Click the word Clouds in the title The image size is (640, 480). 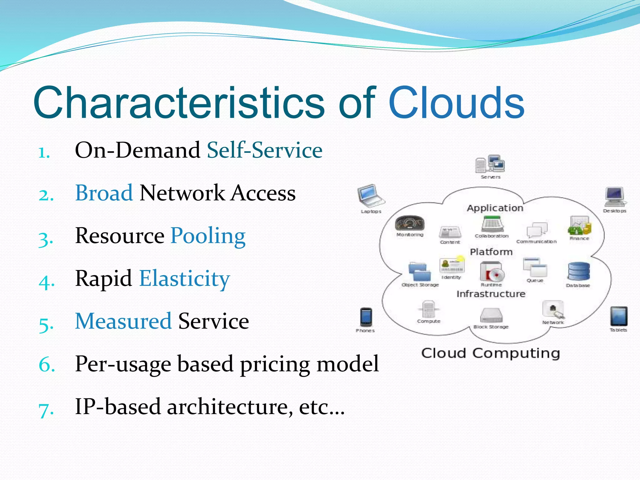[456, 103]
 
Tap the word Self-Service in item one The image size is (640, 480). [264, 150]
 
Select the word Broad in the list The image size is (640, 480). [104, 193]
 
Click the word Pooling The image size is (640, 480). [208, 236]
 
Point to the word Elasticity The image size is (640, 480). [184, 278]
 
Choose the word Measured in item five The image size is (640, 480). [123, 321]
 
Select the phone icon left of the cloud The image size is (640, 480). [366, 317]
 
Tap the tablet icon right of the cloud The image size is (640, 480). [618, 316]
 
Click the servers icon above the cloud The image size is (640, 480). [490, 164]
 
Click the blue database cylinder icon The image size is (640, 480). [579, 271]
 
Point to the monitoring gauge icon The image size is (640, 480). [410, 223]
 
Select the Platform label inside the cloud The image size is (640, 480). [491, 252]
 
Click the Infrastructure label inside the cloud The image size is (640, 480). [491, 294]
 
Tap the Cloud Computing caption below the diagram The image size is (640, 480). [490, 353]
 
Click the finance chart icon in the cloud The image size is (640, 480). [579, 225]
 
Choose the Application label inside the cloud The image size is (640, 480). [495, 208]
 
